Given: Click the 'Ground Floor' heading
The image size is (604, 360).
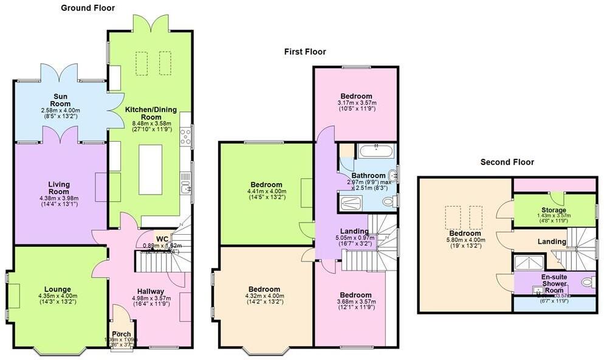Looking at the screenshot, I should click(88, 8).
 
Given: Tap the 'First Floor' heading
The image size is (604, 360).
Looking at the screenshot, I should click(305, 52).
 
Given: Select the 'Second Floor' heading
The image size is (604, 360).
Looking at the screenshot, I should click(507, 162).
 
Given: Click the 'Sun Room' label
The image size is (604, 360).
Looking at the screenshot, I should click(60, 100).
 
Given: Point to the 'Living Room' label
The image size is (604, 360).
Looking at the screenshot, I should click(60, 189).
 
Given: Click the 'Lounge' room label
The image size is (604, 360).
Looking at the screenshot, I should click(58, 289).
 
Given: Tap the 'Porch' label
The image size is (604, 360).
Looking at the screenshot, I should click(122, 334).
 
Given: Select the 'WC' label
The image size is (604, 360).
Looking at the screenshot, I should click(162, 238).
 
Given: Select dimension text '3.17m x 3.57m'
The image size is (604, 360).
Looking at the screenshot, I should click(357, 103).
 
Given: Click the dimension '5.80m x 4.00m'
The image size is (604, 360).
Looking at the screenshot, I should click(465, 240).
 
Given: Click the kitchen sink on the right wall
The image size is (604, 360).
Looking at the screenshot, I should click(186, 180).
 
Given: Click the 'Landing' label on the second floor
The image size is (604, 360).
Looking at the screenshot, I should click(552, 241).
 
